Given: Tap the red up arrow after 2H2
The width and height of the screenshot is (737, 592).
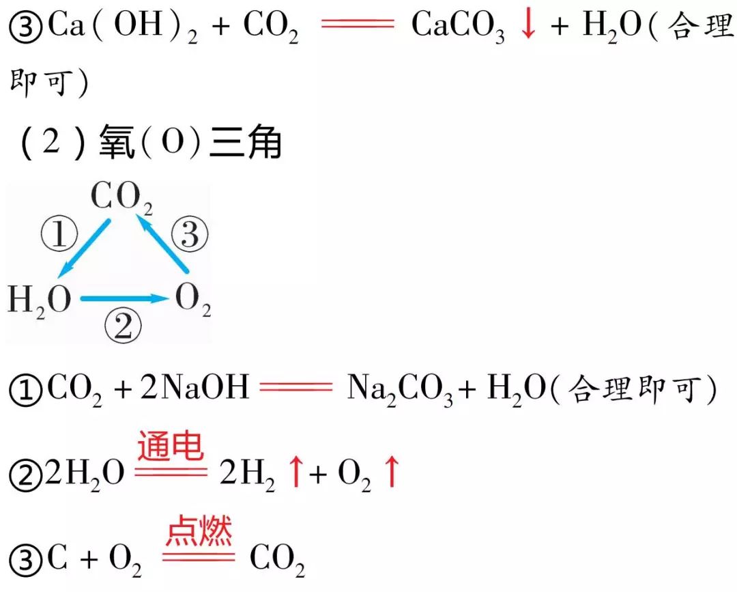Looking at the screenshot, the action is [295, 473].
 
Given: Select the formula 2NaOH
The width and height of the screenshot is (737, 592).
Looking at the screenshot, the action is [195, 389].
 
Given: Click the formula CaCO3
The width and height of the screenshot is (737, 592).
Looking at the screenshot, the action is [458, 27].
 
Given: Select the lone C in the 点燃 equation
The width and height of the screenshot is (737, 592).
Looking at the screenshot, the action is [57, 560].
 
